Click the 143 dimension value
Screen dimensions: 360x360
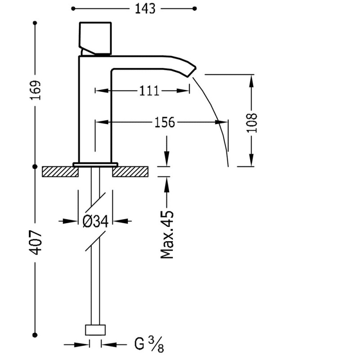click(145, 9)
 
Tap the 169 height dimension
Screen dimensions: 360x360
click(35, 90)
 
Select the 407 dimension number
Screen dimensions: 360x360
click(36, 243)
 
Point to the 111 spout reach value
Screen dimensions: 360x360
click(149, 91)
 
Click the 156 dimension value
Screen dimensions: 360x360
click(165, 122)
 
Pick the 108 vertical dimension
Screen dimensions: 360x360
click(252, 122)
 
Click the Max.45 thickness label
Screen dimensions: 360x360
click(167, 234)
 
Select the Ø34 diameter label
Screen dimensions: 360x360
click(95, 221)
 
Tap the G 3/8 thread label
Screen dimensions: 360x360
click(149, 344)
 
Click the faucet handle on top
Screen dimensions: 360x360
click(95, 39)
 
